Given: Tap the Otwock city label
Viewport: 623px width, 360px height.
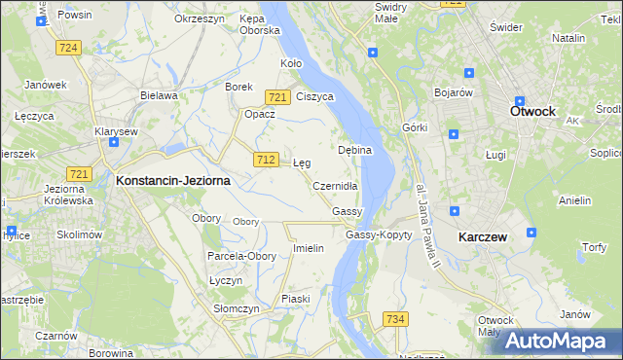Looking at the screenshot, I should coord(532,111).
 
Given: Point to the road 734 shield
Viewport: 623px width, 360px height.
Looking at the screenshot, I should coord(394,319).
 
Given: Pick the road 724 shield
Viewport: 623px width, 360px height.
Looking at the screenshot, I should coord(67,47).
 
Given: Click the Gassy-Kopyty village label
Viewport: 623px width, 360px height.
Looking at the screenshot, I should coord(379,234).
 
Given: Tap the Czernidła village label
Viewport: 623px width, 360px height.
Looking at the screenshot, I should coord(336,186).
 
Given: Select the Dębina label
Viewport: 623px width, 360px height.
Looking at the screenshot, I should coord(354,151).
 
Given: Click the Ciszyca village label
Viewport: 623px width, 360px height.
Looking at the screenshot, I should coord(315,97).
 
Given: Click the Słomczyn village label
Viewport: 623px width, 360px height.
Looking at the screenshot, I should coord(237,308).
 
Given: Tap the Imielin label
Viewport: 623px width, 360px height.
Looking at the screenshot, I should coord(308,248).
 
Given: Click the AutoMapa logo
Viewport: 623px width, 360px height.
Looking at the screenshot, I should coord(562,342).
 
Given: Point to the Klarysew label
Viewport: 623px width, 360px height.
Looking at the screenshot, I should coord(115,130).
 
